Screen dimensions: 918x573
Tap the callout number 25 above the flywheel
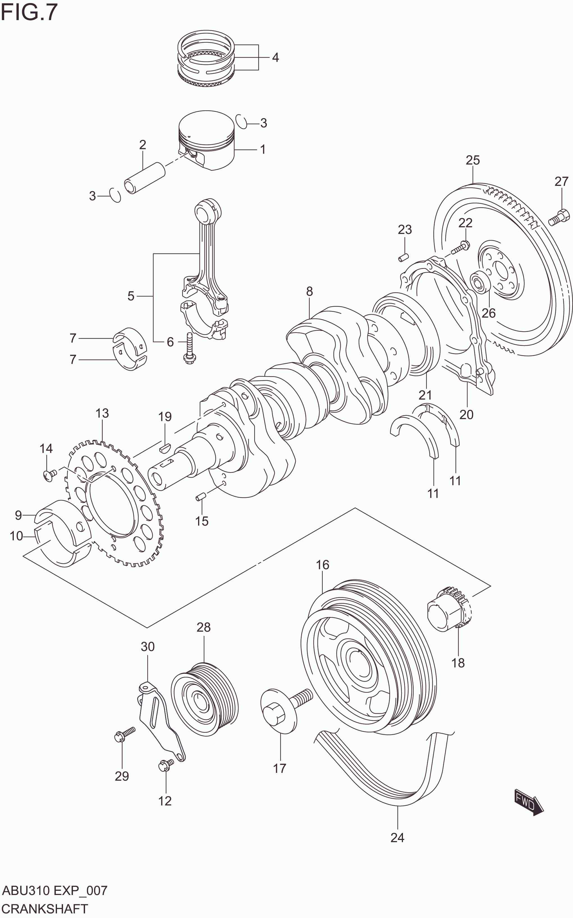pos(473,160)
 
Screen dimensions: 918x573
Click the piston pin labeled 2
pos(145,177)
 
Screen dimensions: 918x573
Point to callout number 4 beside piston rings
pos(276,58)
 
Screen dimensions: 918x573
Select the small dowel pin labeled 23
pos(403,257)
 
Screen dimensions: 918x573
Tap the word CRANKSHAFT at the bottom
pos(45,908)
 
